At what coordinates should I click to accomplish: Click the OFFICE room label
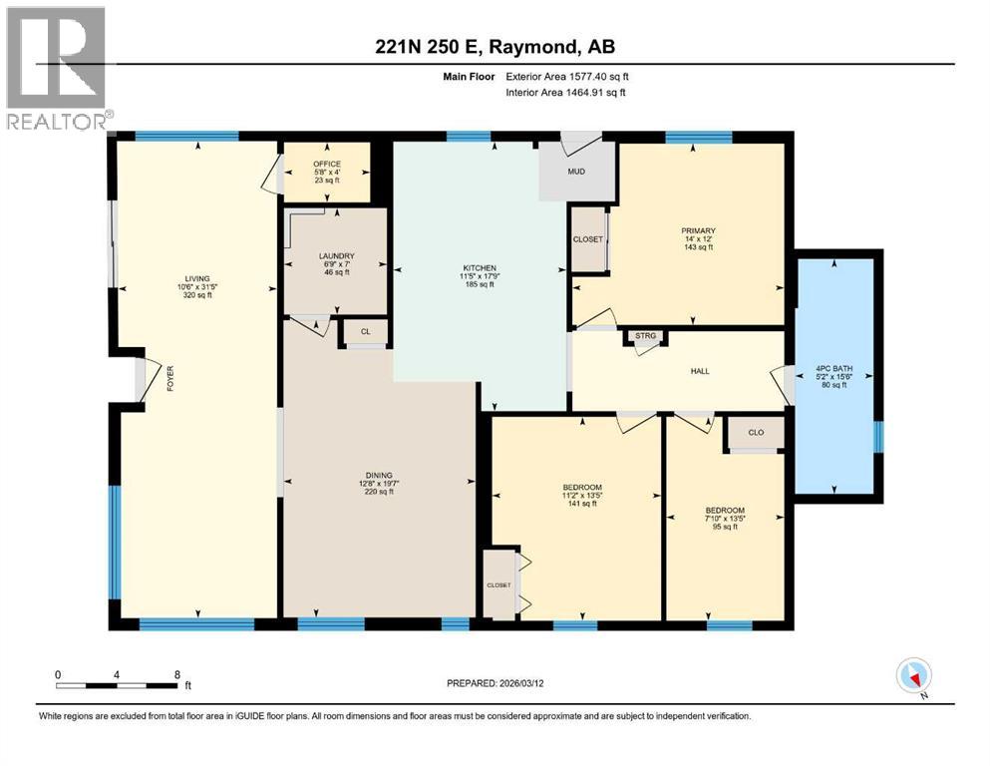pyautogui.click(x=327, y=164)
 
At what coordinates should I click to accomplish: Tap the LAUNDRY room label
pyautogui.click(x=336, y=256)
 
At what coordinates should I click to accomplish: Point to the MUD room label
pyautogui.click(x=576, y=172)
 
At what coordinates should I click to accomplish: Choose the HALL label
pyautogui.click(x=700, y=371)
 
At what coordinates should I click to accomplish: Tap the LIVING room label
pyautogui.click(x=197, y=279)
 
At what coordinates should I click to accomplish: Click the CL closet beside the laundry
pyautogui.click(x=365, y=330)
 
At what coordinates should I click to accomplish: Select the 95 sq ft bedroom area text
pyautogui.click(x=726, y=527)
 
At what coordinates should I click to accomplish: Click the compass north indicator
pyautogui.click(x=914, y=676)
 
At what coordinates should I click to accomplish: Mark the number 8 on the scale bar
pyautogui.click(x=176, y=674)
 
